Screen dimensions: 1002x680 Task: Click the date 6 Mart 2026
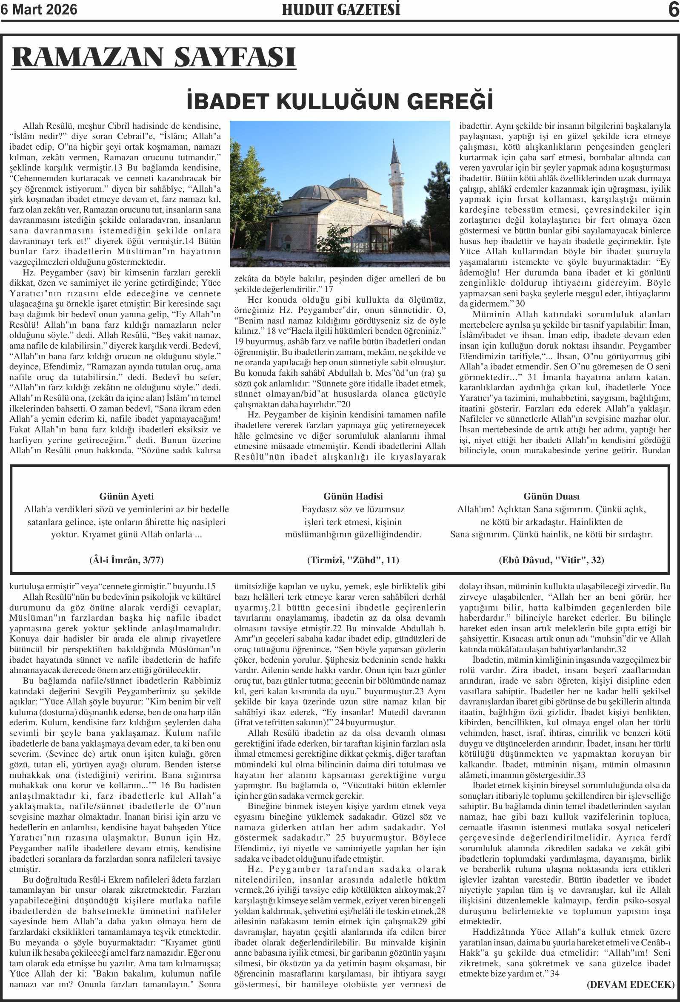[39, 9]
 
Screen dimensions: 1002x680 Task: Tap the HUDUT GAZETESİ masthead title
[341, 9]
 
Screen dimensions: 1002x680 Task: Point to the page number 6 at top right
[673, 10]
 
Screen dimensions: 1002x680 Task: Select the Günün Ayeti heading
[126, 496]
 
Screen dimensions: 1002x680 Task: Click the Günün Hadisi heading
[353, 496]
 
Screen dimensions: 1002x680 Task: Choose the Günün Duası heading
[551, 496]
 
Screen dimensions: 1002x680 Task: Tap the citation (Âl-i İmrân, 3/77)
[126, 560]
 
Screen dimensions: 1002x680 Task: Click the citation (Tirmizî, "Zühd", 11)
[353, 560]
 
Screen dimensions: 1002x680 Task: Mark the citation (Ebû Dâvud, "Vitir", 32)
[551, 560]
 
